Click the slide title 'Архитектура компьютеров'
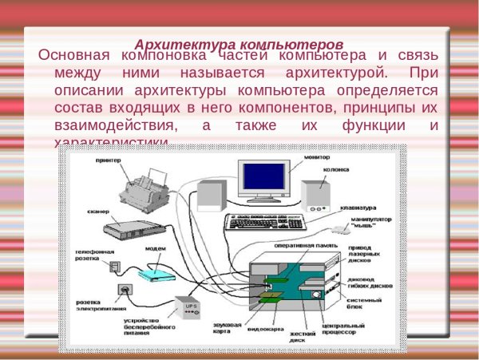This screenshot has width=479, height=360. [239, 43]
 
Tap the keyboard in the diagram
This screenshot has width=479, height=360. [271, 221]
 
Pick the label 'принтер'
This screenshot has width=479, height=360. [107, 160]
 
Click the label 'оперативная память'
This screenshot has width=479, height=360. [300, 246]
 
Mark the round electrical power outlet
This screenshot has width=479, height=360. [124, 288]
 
